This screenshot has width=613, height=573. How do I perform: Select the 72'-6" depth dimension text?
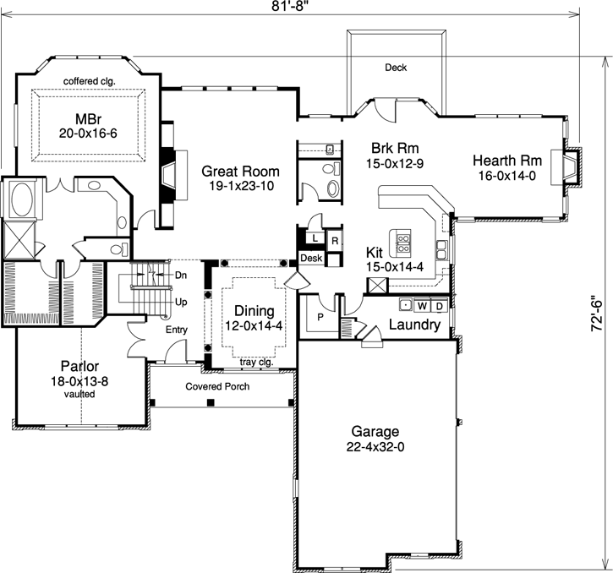pyautogui.click(x=598, y=312)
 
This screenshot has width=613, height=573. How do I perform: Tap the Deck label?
pyautogui.click(x=396, y=68)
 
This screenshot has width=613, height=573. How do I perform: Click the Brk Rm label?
pyautogui.click(x=390, y=145)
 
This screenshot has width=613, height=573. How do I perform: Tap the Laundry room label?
pyautogui.click(x=413, y=325)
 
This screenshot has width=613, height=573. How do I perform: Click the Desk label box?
pyautogui.click(x=310, y=258)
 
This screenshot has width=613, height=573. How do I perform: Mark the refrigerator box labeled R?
pyautogui.click(x=334, y=241)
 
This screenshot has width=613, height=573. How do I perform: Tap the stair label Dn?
pyautogui.click(x=181, y=275)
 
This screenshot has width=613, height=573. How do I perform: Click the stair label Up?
pyautogui.click(x=181, y=301)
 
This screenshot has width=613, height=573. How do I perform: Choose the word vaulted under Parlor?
pyautogui.click(x=80, y=394)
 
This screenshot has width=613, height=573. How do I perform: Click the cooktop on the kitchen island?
pyautogui.click(x=404, y=243)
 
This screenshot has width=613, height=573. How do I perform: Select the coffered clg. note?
pyautogui.click(x=89, y=81)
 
